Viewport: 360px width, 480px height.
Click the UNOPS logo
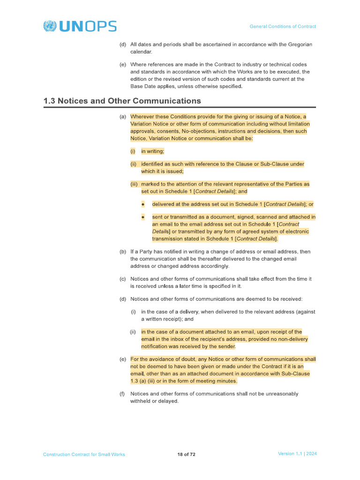[x=80, y=26]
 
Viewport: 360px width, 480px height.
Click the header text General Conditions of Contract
[x=283, y=27]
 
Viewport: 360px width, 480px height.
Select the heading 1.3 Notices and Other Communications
[x=122, y=101]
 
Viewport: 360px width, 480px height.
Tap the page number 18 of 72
[x=186, y=454]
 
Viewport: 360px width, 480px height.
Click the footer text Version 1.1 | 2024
[x=297, y=454]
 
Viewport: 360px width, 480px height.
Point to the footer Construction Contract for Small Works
[x=84, y=454]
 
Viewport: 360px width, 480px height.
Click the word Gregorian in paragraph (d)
[x=297, y=45]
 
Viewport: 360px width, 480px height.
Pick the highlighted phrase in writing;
[x=152, y=151]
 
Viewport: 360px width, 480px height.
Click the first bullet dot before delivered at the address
[x=143, y=204]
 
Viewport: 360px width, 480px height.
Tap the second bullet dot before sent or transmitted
[x=143, y=217]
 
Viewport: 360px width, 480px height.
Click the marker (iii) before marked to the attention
[x=134, y=184]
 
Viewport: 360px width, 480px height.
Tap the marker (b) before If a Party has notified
[x=123, y=252]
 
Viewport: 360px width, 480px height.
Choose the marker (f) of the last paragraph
[x=123, y=394]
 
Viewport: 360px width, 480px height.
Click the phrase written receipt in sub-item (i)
[x=165, y=319]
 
